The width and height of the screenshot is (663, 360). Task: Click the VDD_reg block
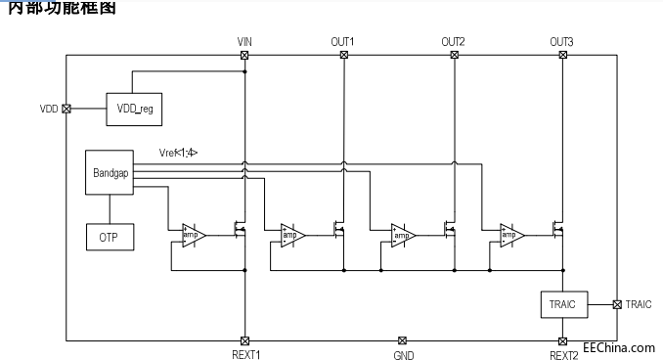click(135, 109)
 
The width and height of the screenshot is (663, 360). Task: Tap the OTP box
click(109, 236)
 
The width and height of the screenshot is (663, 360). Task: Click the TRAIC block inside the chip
click(562, 304)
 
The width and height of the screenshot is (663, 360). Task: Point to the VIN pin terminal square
click(244, 55)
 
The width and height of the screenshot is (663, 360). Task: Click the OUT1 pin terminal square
click(343, 55)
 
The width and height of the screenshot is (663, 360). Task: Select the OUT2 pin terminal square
click(454, 55)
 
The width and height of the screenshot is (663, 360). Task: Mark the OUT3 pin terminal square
click(562, 55)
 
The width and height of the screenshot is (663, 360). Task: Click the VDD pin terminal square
click(66, 109)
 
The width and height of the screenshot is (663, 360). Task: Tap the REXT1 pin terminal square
click(244, 340)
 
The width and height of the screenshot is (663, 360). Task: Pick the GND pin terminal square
click(403, 340)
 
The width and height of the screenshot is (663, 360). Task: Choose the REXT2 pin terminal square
click(562, 340)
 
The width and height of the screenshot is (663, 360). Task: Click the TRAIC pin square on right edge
click(616, 304)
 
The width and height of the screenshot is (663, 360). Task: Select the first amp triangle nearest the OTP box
click(193, 235)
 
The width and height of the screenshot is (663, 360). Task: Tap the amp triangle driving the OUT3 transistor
click(511, 235)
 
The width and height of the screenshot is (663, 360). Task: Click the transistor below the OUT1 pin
click(338, 231)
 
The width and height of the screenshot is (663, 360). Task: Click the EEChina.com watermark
click(618, 347)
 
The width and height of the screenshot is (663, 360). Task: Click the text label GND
click(403, 355)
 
